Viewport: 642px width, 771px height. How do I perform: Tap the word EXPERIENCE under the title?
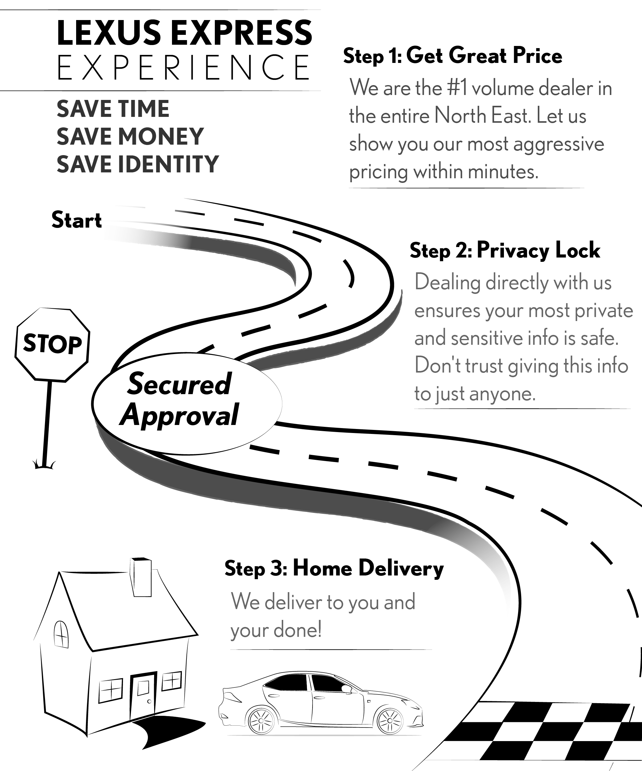183,68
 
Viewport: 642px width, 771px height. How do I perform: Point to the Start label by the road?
76,221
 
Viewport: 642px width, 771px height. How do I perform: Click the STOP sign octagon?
52,344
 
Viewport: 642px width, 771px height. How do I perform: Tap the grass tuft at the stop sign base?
44,466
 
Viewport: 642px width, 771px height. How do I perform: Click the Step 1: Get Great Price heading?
452,56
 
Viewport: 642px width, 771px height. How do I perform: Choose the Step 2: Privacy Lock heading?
505,251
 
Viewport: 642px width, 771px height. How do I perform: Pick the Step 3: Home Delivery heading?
334,569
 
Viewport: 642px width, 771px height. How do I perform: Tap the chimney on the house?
141,577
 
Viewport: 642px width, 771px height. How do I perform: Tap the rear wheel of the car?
261,721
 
